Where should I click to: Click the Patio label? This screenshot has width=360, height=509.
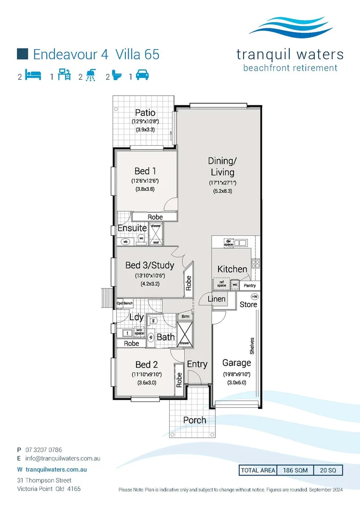click(x=145, y=113)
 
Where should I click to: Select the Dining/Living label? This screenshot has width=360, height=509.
click(x=221, y=167)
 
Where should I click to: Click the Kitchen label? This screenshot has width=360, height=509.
click(x=232, y=269)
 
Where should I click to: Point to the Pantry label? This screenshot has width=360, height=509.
click(x=250, y=286)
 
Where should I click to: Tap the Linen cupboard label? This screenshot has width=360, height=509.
click(x=217, y=299)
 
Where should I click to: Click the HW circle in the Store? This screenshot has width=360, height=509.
click(x=254, y=297)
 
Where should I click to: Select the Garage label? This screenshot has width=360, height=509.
click(x=237, y=362)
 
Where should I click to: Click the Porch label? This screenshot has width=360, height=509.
click(x=195, y=420)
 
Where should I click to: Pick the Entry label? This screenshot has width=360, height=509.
click(x=197, y=364)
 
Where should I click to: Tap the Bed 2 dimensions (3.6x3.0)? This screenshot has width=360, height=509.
click(x=147, y=383)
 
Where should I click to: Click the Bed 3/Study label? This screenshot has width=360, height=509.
click(x=149, y=265)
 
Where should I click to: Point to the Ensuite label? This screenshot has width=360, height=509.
click(x=132, y=228)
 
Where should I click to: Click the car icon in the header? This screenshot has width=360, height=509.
click(x=143, y=75)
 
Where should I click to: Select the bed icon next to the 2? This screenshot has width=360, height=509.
click(x=33, y=75)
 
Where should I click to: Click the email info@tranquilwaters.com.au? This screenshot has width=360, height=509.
click(x=63, y=458)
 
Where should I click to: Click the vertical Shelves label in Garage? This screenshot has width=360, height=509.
click(x=253, y=345)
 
